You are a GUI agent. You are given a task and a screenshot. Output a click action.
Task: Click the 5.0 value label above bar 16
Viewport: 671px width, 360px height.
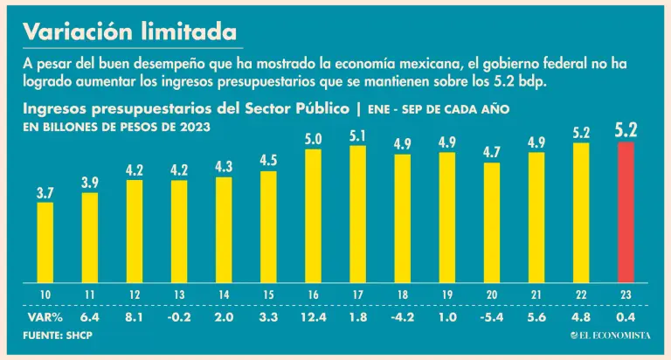313,138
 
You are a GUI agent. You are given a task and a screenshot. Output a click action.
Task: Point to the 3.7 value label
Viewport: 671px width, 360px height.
45,191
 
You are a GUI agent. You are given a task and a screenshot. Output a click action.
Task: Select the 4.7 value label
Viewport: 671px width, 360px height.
492,151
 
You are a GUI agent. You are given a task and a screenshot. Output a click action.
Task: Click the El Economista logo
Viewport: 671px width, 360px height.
611,336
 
